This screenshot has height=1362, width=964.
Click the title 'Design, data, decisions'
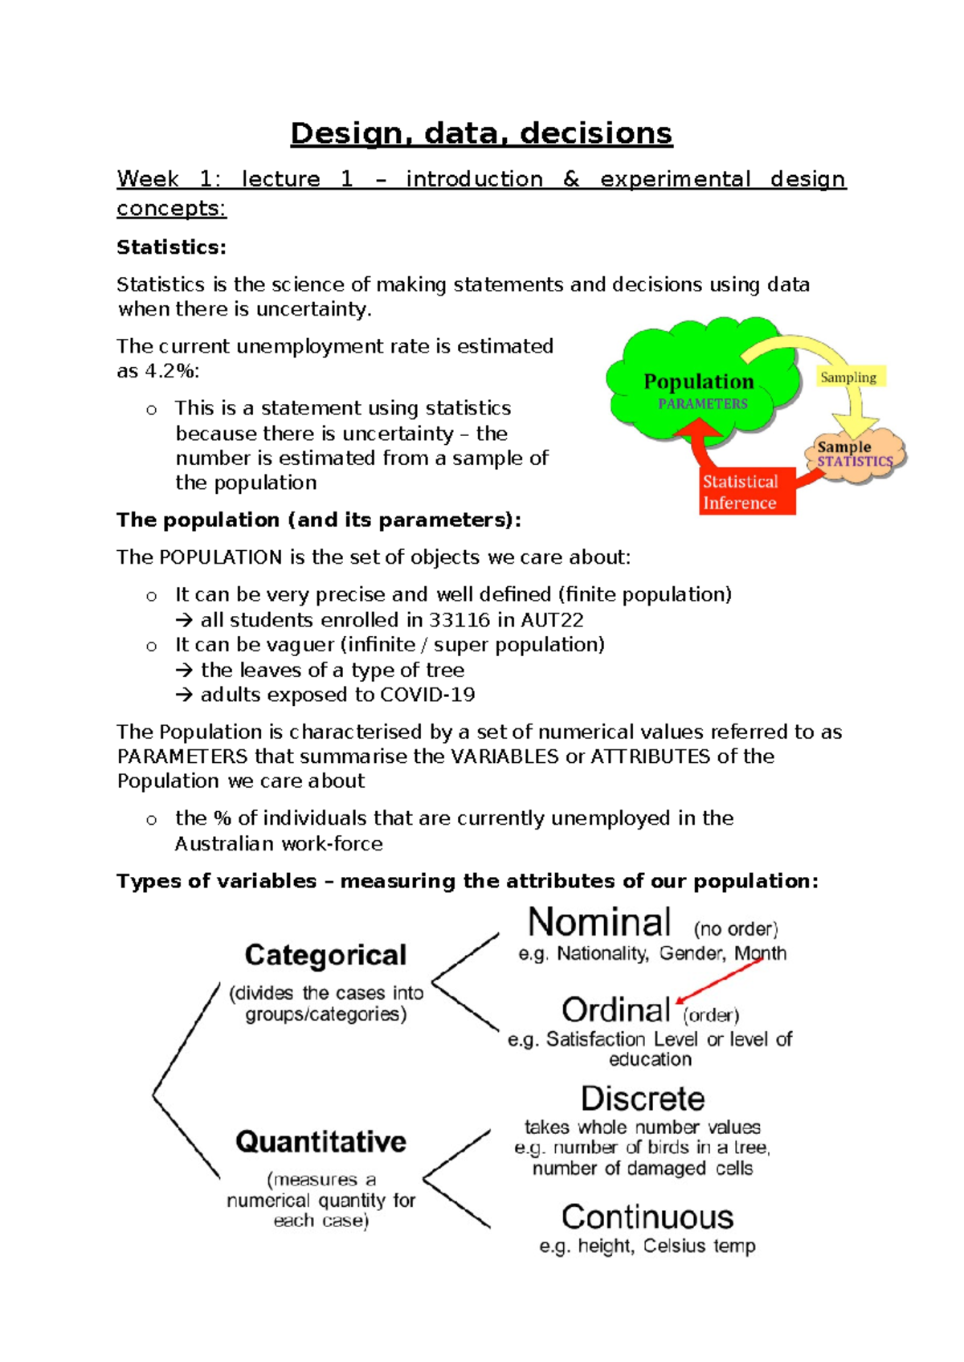[481, 133]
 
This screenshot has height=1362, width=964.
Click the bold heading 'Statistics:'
[171, 247]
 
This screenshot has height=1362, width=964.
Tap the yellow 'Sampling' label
[848, 377]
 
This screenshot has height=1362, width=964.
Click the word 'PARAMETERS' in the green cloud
[703, 404]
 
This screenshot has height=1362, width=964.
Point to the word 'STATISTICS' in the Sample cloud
[855, 462]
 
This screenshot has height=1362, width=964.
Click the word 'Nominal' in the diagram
[599, 923]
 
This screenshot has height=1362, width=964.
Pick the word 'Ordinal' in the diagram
[616, 1010]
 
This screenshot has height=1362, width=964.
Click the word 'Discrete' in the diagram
[643, 1099]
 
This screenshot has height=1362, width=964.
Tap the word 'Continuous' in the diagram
[647, 1217]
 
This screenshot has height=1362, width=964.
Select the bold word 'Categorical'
[325, 955]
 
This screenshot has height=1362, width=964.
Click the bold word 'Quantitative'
[321, 1141]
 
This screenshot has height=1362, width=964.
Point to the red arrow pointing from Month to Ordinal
[719, 981]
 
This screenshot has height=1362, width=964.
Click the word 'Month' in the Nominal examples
[760, 953]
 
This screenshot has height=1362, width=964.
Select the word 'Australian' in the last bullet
[224, 844]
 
